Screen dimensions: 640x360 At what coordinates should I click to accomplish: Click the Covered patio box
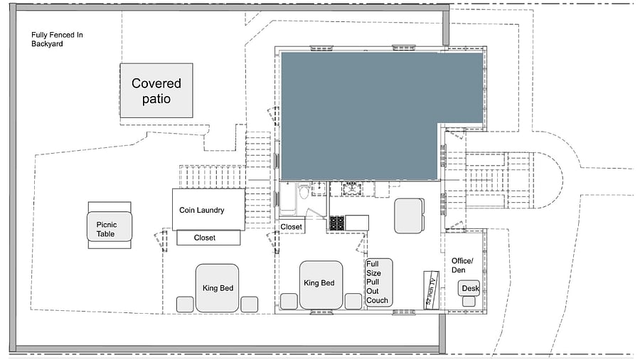click(x=156, y=90)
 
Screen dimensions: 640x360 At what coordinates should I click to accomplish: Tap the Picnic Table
click(x=110, y=226)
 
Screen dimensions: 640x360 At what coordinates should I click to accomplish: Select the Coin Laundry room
click(x=208, y=209)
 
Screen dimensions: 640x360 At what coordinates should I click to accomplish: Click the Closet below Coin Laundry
click(x=208, y=238)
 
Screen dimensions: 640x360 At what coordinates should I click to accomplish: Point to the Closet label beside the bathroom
click(x=291, y=226)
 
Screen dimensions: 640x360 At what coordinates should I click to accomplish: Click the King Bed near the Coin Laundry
click(x=217, y=288)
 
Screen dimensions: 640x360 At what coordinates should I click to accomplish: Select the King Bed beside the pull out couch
click(x=321, y=285)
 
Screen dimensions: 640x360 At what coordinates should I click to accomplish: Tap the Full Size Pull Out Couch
click(x=379, y=282)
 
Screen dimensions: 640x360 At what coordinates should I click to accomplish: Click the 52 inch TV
click(x=431, y=290)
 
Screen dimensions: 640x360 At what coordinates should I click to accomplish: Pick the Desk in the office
click(x=469, y=288)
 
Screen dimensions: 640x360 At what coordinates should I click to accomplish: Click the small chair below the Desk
click(x=469, y=302)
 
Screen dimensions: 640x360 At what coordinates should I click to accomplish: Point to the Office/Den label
click(x=462, y=265)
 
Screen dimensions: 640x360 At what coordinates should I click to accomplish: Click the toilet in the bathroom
click(x=304, y=191)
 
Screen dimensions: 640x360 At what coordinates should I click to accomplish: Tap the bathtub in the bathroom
click(x=288, y=198)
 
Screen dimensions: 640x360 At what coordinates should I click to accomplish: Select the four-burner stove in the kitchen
click(x=337, y=223)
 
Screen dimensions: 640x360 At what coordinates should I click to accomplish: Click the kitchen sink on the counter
click(x=352, y=189)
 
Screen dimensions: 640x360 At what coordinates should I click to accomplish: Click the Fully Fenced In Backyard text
click(x=57, y=39)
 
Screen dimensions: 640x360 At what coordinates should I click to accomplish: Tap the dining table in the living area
click(x=409, y=216)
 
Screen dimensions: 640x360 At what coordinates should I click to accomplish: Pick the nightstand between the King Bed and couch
click(x=353, y=301)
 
